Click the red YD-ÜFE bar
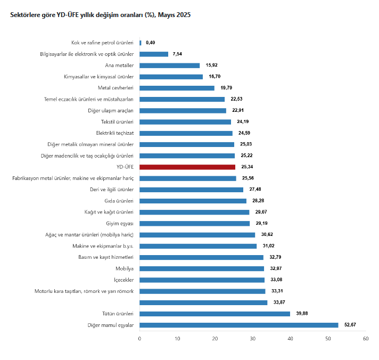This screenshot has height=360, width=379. click(x=187, y=167)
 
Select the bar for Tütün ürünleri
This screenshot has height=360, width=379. click(x=215, y=314)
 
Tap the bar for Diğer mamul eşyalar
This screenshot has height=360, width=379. click(x=239, y=325)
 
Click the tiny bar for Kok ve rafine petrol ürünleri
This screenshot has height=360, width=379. click(x=141, y=43)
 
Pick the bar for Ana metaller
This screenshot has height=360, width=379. click(x=169, y=66)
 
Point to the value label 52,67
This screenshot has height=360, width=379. click(x=350, y=325)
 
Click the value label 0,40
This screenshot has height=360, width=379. click(x=150, y=43)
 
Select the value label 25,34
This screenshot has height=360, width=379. click(x=247, y=167)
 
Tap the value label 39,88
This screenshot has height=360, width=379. click(x=302, y=313)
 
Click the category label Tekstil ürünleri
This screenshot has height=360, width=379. click(x=117, y=122)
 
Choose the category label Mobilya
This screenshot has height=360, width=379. click(x=125, y=268)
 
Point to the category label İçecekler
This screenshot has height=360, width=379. click(x=123, y=280)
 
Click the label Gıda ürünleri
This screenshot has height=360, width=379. click(x=119, y=201)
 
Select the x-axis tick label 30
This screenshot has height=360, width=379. click(x=253, y=339)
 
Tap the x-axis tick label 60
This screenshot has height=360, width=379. click(x=366, y=339)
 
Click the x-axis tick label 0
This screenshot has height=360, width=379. click(x=139, y=339)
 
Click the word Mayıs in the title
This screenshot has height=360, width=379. click(x=167, y=15)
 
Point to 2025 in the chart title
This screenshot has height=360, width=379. click(x=184, y=15)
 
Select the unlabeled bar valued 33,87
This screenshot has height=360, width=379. click(x=203, y=302)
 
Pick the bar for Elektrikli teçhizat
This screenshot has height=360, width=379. click(x=186, y=133)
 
